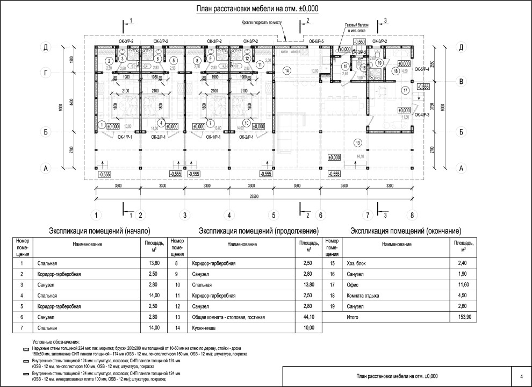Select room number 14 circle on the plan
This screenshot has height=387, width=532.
pyautogui.click(x=287, y=70)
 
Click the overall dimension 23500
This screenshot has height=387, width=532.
pyautogui.click(x=254, y=196)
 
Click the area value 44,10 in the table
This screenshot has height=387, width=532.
pyautogui.click(x=308, y=317)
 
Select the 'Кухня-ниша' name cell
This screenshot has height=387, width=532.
pyautogui.click(x=204, y=327)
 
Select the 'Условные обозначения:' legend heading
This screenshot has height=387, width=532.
pyautogui.click(x=56, y=341)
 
